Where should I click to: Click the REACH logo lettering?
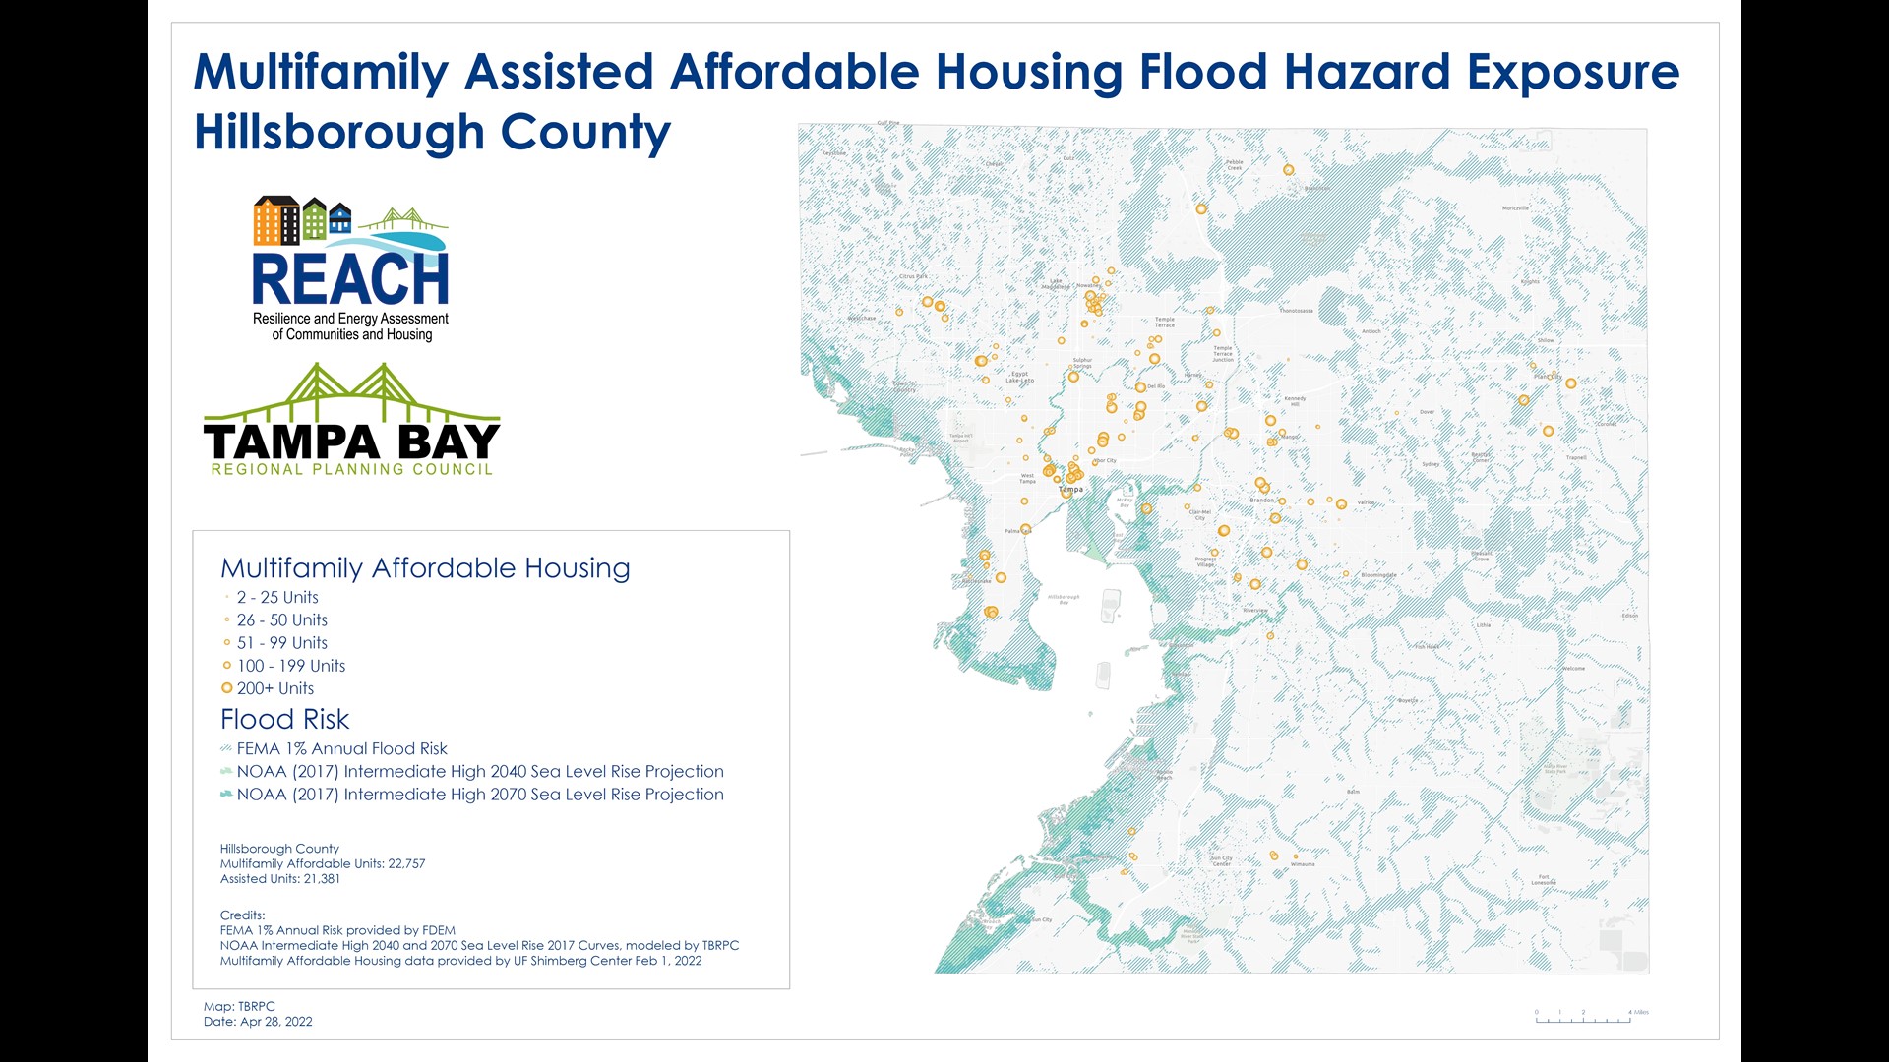click(349, 279)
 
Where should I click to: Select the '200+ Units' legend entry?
click(274, 688)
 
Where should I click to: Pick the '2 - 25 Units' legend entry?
click(276, 597)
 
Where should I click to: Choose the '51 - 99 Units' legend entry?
click(281, 643)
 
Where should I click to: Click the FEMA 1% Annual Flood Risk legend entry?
click(340, 748)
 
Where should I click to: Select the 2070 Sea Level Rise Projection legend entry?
click(479, 795)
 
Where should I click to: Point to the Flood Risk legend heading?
click(284, 719)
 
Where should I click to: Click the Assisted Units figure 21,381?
click(321, 879)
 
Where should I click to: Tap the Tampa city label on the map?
click(1070, 489)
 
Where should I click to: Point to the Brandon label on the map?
click(1261, 501)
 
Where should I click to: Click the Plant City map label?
click(1546, 377)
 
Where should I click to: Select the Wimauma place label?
click(1302, 864)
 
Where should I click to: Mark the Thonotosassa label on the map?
click(1296, 311)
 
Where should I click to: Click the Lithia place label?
click(1483, 625)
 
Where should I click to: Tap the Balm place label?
click(1354, 792)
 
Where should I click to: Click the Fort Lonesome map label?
click(1543, 880)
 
